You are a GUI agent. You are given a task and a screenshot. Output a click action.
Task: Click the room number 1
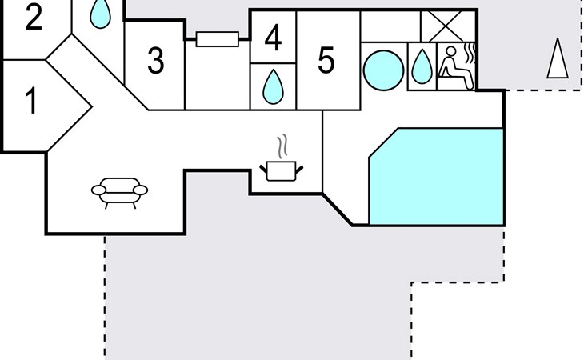pos(32,100)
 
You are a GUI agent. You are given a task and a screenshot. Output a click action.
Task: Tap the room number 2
pos(34,17)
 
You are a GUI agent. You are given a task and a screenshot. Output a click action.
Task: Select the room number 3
pos(156,60)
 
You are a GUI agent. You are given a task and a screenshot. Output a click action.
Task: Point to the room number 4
pos(273,38)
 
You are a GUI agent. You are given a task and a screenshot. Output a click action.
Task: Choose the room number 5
pos(326,59)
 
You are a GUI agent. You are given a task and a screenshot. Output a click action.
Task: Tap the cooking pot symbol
pos(282,171)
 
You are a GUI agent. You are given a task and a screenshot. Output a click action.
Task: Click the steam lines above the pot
pos(282,146)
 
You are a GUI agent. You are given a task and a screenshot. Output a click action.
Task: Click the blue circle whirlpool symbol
pos(384,70)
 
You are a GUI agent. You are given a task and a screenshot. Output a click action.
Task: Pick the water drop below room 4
pos(273,86)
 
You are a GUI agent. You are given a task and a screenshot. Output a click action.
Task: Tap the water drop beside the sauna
pos(422,67)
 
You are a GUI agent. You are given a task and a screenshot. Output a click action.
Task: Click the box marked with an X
pos(448,26)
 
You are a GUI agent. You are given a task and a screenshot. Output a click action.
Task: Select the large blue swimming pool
pos(437,177)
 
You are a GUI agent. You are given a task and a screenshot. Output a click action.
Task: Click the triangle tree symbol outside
pos(558,58)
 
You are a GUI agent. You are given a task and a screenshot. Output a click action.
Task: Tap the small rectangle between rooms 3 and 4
pos(218,39)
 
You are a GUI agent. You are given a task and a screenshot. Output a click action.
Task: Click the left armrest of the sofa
pos(98,190)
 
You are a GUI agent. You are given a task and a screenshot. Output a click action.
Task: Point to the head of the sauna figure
pos(450,51)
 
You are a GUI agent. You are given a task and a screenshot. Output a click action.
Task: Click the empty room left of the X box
pos(390,26)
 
